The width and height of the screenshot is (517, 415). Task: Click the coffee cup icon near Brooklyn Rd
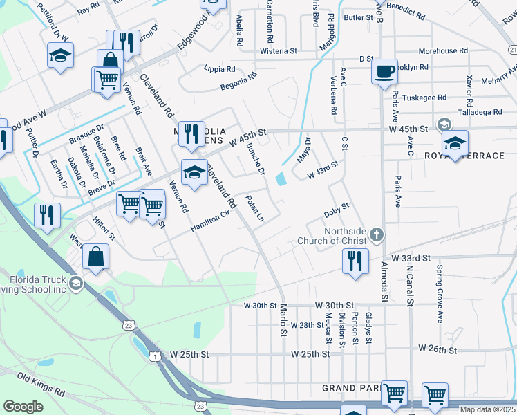click(x=384, y=71)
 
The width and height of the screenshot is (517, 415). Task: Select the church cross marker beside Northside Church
click(x=376, y=235)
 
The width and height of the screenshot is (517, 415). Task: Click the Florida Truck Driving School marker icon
click(x=75, y=283)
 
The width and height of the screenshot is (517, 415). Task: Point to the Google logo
click(x=23, y=407)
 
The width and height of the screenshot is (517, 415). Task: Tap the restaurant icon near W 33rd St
click(x=355, y=261)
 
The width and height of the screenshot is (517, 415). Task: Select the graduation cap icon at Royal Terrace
click(x=455, y=143)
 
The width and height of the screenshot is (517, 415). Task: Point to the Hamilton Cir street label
click(x=210, y=222)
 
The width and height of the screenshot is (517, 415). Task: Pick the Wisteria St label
click(x=278, y=51)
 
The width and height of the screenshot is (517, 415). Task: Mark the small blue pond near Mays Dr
click(x=281, y=179)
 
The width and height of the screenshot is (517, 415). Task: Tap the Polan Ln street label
click(x=255, y=209)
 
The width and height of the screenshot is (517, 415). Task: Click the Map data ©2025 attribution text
click(x=487, y=409)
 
